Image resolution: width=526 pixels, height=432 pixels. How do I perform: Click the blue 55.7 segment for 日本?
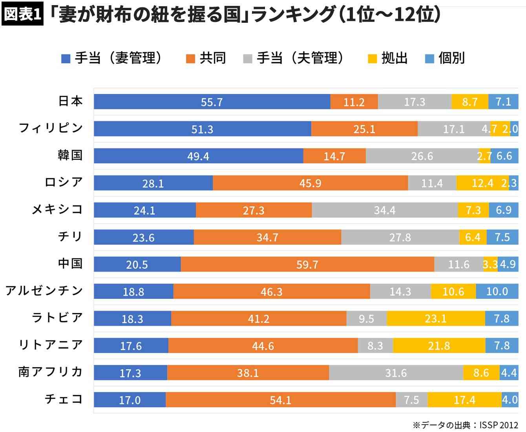212,102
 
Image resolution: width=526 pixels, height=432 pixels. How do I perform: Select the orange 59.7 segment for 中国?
307,264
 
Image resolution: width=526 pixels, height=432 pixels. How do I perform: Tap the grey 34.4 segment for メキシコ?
385,210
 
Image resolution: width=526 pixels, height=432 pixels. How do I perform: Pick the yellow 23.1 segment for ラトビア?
436,319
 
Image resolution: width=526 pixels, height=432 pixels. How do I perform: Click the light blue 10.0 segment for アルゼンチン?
497,291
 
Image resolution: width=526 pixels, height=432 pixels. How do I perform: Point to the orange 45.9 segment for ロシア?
310,183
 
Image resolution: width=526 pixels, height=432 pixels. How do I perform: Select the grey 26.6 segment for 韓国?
422,156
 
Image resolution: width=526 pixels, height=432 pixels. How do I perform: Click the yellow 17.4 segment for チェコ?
464,400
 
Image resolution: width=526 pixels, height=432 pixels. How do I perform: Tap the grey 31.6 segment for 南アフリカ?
396,373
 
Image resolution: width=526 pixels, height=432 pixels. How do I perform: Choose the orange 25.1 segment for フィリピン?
364,129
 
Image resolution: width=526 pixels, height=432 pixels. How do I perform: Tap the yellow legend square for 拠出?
372,59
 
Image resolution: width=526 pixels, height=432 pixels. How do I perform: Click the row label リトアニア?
51,345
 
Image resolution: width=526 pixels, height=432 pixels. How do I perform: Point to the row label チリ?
70,236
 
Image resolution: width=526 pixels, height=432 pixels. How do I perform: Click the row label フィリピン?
51,128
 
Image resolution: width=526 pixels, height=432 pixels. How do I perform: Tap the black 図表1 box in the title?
22,15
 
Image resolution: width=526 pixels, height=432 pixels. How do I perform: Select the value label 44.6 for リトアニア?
263,346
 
